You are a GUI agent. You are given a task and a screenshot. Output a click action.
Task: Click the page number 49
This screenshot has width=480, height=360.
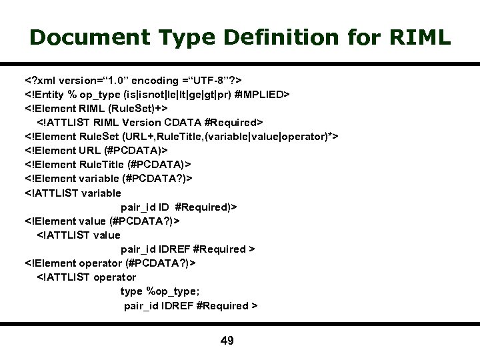(x=227, y=341)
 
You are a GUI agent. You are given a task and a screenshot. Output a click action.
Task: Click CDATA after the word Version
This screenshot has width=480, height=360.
(x=184, y=122)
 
